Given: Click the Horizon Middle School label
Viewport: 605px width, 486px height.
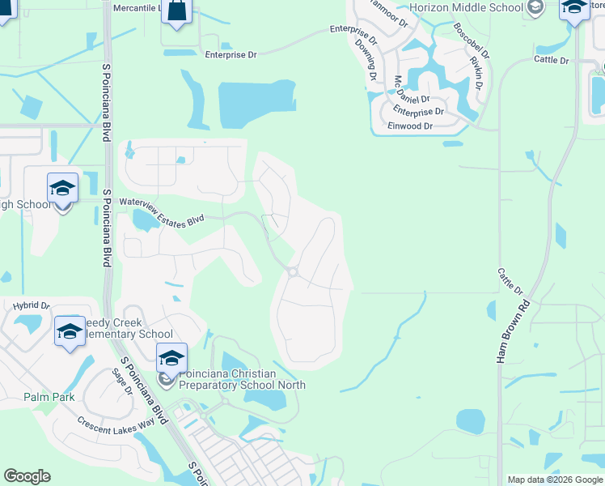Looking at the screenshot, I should click(466, 7).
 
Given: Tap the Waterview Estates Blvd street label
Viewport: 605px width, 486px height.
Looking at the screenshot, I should click(160, 209).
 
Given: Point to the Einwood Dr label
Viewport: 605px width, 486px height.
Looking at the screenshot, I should click(410, 126).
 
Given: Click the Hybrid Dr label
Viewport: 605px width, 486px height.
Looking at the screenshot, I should click(32, 306).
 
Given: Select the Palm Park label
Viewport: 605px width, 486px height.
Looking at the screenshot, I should click(49, 397).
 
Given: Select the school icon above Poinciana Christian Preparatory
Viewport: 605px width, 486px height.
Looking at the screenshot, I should click(171, 357).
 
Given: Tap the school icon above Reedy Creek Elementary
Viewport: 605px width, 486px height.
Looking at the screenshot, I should click(70, 330).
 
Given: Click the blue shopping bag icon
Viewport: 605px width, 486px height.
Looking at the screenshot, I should click(177, 11).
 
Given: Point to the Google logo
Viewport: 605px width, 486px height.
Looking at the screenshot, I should click(27, 476).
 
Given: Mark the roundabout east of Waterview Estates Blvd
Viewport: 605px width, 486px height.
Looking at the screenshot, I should click(293, 272).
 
